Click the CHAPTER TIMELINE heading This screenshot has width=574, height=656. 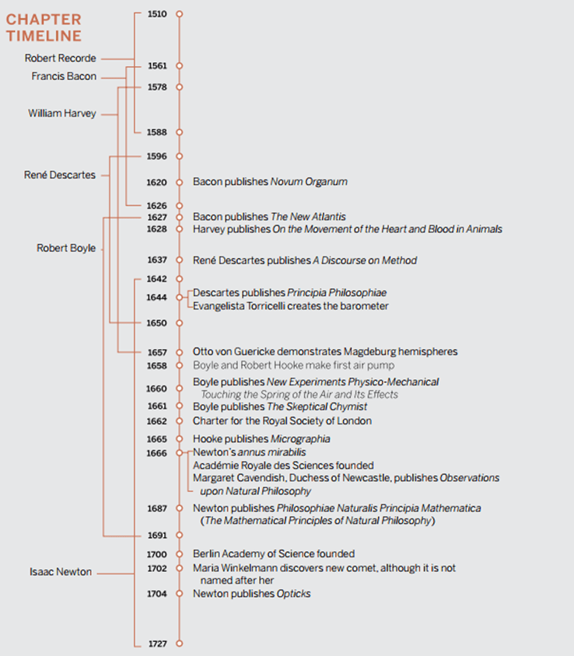pyautogui.click(x=44, y=27)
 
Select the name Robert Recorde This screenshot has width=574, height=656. pyautogui.click(x=61, y=58)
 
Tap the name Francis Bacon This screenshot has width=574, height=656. pyautogui.click(x=64, y=76)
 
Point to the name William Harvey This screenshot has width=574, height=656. pyautogui.click(x=62, y=113)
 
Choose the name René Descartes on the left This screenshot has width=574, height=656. pyautogui.click(x=60, y=175)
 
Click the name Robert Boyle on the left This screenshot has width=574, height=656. pyautogui.click(x=66, y=248)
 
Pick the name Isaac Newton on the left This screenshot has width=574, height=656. pyautogui.click(x=61, y=572)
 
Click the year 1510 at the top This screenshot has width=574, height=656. pyautogui.click(x=156, y=14)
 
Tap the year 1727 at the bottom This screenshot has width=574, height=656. pyautogui.click(x=156, y=644)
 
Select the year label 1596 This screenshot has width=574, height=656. pyautogui.click(x=156, y=156)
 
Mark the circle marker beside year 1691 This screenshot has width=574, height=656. pyautogui.click(x=179, y=536)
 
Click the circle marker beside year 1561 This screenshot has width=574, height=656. pyautogui.click(x=179, y=66)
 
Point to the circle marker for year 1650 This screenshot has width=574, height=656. pyautogui.click(x=179, y=322)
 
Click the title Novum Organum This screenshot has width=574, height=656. pyautogui.click(x=309, y=182)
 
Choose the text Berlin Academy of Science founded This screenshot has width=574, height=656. pyautogui.click(x=274, y=553)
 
